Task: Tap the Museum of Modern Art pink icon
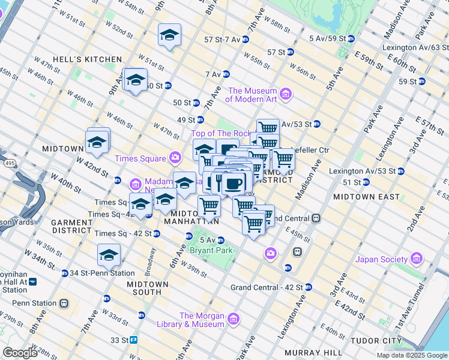coord(286,94)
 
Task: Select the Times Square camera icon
coord(175,158)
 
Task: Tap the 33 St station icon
coord(134,340)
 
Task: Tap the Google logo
coord(20,353)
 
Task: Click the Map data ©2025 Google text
coord(411,355)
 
